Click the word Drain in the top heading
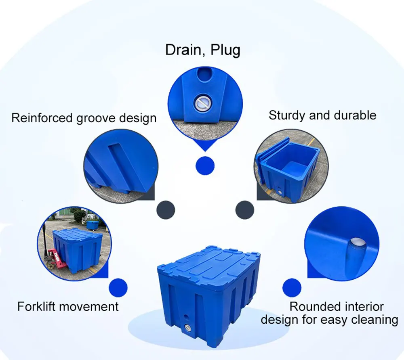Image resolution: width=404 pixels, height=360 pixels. [183, 50]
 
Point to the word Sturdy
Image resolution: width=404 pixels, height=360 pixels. [287, 115]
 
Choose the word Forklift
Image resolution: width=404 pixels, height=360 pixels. [37, 306]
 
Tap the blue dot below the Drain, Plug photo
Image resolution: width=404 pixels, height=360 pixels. [205, 165]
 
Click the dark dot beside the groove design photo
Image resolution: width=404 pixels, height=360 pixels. [166, 209]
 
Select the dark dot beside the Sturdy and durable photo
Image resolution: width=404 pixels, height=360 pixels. [245, 209]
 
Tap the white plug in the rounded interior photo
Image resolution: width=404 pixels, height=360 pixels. [356, 242]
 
